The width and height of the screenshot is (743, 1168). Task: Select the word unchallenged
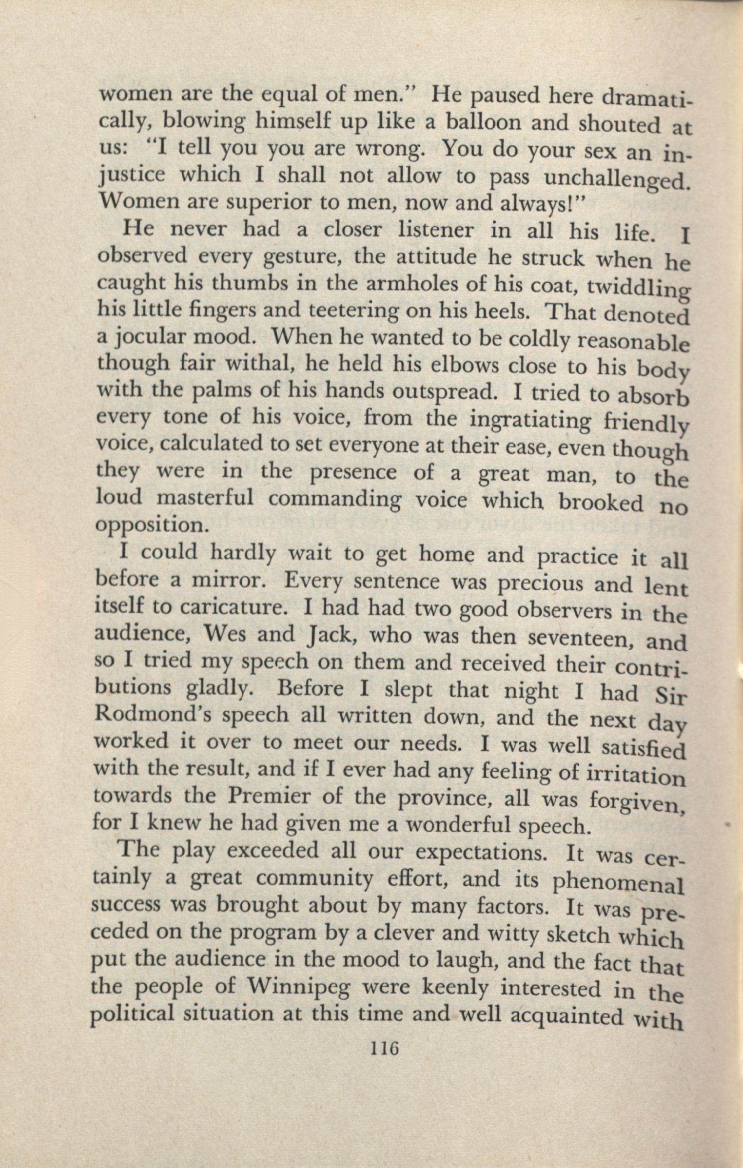617,180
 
